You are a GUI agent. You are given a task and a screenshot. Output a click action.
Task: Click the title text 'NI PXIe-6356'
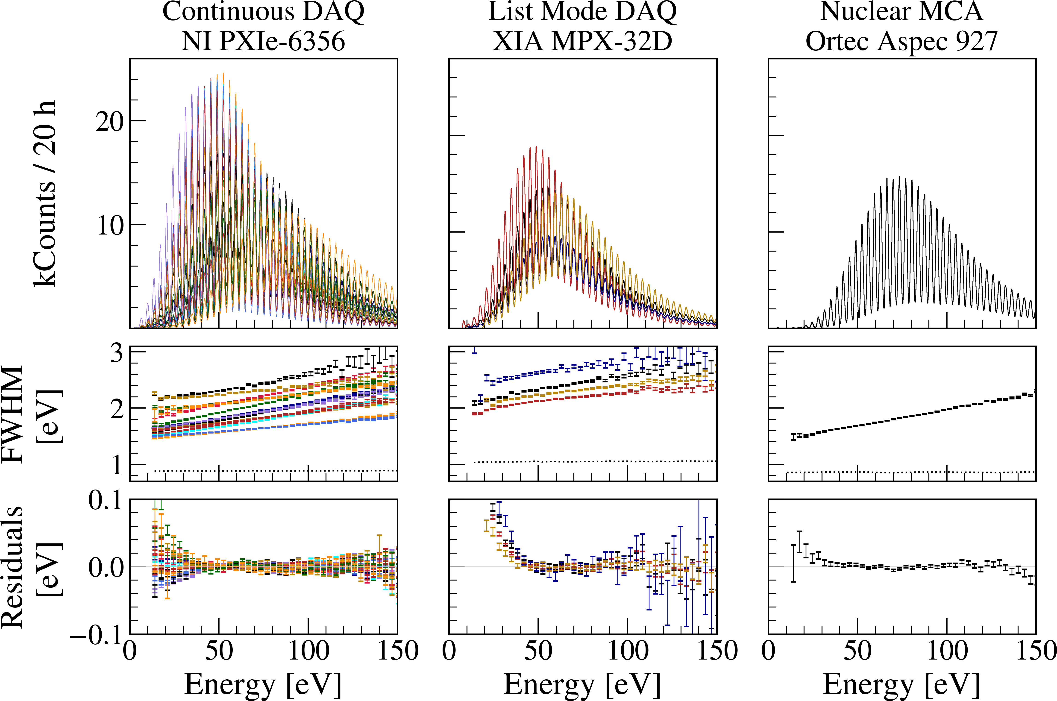pos(263,41)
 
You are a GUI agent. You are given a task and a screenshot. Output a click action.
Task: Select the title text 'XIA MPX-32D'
pos(583,41)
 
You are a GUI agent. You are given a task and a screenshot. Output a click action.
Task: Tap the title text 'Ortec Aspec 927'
pos(901,41)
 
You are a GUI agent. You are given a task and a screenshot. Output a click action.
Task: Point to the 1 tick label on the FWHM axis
pos(117,465)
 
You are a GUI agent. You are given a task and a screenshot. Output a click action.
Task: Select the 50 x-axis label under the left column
pos(219,651)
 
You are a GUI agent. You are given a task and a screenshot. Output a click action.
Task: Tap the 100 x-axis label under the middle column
pos(628,651)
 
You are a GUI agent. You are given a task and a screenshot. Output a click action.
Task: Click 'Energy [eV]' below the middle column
pos(583,684)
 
